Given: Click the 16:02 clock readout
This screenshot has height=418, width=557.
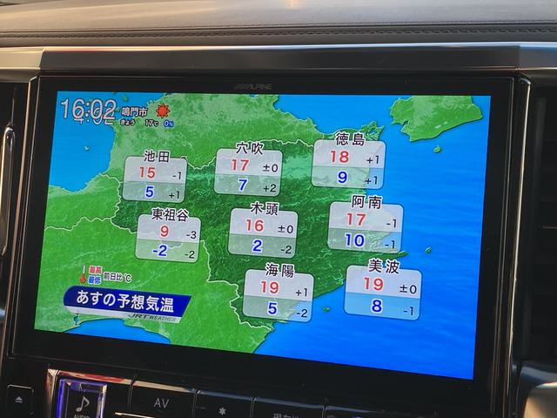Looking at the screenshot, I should (x=88, y=109).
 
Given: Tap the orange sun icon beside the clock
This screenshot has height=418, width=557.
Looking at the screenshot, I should (x=162, y=111).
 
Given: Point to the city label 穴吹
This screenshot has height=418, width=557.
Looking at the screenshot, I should (x=249, y=149).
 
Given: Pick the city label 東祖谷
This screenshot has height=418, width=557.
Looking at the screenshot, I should (x=170, y=213).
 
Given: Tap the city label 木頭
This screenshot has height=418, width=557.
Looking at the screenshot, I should (x=264, y=208).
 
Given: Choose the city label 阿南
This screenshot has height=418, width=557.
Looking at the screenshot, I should (x=366, y=202).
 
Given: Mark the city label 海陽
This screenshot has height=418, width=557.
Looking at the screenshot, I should (x=278, y=269).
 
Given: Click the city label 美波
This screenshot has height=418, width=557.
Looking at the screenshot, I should (x=383, y=266).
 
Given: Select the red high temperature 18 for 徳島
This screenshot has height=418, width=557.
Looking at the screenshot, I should (x=339, y=158).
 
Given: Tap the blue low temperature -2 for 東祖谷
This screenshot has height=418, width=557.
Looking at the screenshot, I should (x=159, y=251).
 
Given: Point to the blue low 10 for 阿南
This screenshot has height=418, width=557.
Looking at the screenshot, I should (x=354, y=240).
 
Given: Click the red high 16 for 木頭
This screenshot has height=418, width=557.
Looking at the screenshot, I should (x=254, y=226).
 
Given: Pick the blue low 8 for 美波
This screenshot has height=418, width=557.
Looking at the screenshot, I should (x=377, y=306).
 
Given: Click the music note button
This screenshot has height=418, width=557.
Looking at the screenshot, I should (x=82, y=402).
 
